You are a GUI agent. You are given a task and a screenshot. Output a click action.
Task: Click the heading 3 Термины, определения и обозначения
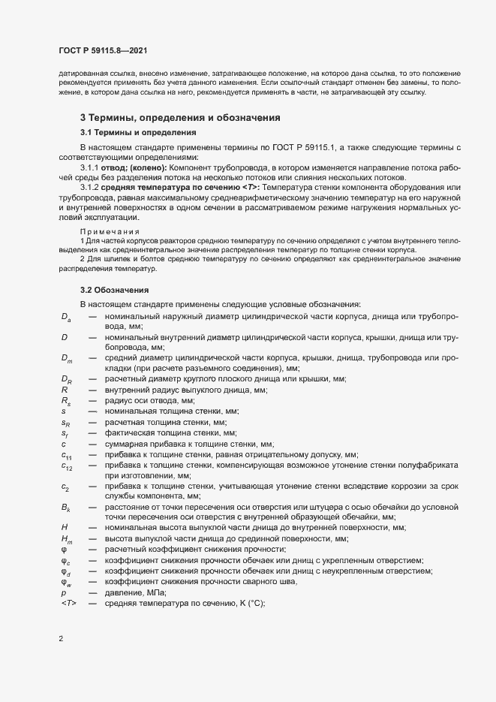tap(180, 118)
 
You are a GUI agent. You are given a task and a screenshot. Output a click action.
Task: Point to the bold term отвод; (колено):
tap(137, 167)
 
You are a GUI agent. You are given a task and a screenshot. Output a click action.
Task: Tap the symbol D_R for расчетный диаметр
tap(66, 380)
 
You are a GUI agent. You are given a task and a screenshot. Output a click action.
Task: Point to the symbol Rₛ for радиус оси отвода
tap(65, 401)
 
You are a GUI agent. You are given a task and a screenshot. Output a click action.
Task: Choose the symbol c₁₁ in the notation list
tap(66, 455)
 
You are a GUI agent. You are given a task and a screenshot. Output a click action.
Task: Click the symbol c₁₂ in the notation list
tap(66, 466)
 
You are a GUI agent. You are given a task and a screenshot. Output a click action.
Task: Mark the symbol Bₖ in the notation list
tap(66, 508)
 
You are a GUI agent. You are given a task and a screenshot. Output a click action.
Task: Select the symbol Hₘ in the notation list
tap(66, 540)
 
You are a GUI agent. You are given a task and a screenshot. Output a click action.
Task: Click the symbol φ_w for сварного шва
tap(65, 582)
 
